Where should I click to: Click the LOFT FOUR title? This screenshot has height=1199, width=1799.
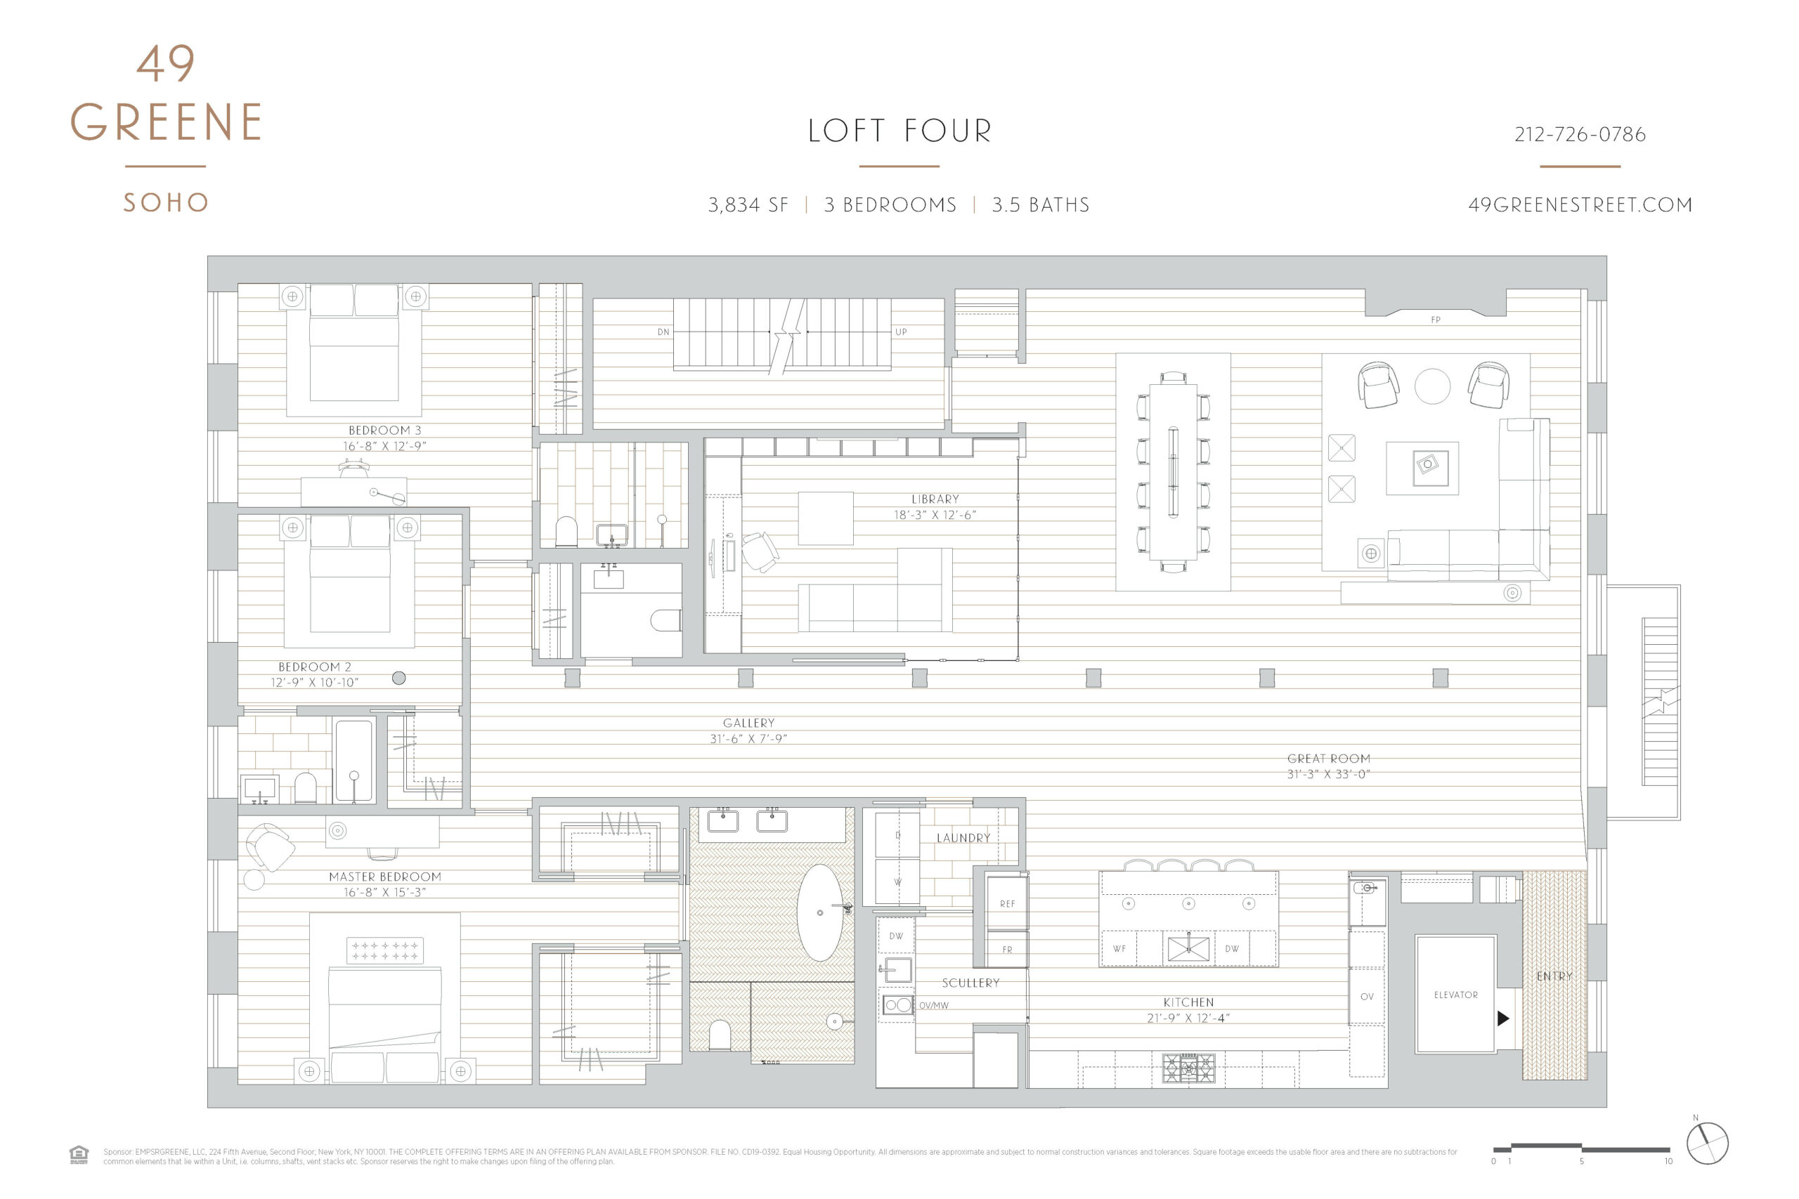(x=899, y=131)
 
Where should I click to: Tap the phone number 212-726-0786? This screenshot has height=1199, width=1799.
(x=1580, y=135)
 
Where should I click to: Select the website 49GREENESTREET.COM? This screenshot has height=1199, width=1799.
(x=1580, y=205)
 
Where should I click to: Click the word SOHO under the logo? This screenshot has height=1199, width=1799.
(x=166, y=202)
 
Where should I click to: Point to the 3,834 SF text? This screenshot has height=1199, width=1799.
(x=747, y=205)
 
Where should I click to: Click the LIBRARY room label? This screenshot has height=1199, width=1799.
(x=935, y=499)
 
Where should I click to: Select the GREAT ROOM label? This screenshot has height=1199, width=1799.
(x=1329, y=759)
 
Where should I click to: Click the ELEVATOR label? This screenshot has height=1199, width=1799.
(x=1455, y=995)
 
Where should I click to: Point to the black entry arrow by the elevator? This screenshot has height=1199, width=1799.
(x=1502, y=1018)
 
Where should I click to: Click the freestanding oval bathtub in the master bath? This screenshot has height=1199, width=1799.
(x=820, y=912)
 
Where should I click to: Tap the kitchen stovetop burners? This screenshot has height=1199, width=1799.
(x=1188, y=1068)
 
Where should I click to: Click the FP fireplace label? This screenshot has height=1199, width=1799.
(x=1436, y=320)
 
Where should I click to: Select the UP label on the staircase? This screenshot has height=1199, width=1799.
(x=901, y=332)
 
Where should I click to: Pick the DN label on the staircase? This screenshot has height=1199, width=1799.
(x=663, y=332)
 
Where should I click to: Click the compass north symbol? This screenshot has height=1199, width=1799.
(x=1707, y=1144)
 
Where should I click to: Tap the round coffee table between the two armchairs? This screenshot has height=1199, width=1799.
(x=1432, y=386)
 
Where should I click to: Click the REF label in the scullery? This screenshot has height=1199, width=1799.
(x=1007, y=904)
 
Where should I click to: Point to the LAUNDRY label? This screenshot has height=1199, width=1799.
(x=963, y=838)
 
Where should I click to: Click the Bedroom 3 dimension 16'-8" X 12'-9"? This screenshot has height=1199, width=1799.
(x=384, y=446)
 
